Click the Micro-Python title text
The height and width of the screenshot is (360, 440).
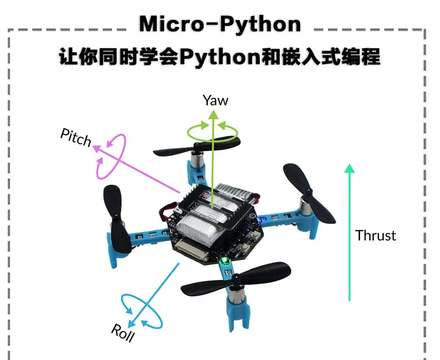pos(220,24)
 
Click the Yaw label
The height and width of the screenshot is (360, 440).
pos(216,100)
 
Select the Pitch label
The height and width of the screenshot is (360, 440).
pos(76,138)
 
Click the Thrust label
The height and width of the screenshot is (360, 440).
pos(375,235)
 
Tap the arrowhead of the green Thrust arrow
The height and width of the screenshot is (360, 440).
pos(349,168)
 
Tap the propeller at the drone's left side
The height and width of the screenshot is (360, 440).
pos(116,218)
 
